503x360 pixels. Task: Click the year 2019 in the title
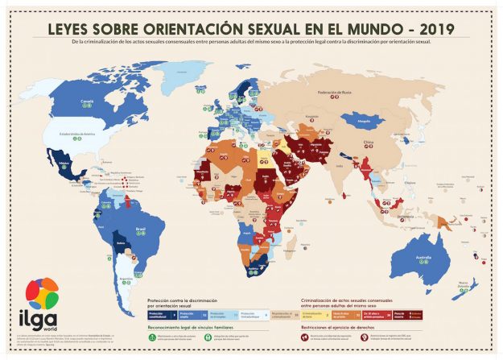click(x=435, y=28)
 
